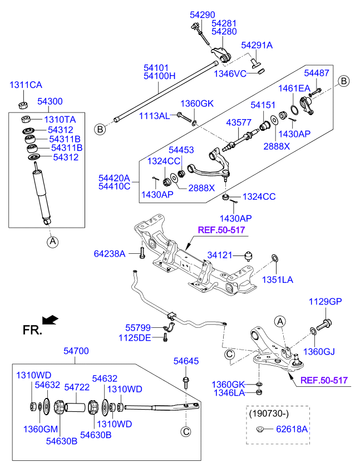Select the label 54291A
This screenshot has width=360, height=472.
tap(257, 45)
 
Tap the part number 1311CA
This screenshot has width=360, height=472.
tap(26, 85)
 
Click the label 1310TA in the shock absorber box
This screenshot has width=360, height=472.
tap(60, 120)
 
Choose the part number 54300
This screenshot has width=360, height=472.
tap(50, 102)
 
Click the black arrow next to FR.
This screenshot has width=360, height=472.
tap(51, 319)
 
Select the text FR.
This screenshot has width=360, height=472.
tap(32, 330)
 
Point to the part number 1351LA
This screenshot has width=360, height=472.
tap(278, 279)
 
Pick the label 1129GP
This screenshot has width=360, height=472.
tap(326, 302)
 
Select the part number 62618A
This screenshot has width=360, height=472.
tap(292, 429)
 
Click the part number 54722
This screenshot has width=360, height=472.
tap(77, 387)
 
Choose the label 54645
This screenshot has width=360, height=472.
tap(186, 361)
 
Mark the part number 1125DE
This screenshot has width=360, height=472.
tap(135, 338)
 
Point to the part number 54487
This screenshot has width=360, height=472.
tap(317, 73)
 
